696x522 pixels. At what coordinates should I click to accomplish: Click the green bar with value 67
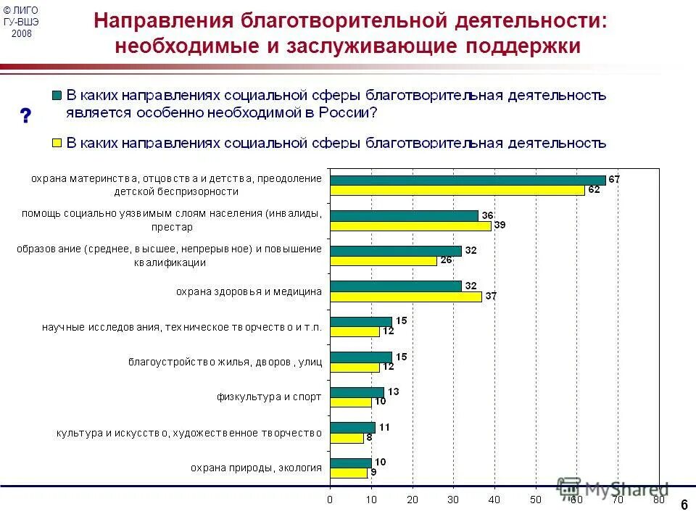[x=468, y=180]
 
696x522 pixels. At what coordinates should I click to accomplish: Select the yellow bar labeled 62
[x=457, y=190]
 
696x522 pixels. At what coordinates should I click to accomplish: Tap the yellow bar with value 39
[x=410, y=225]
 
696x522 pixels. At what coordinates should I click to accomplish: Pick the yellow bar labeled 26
[x=384, y=261]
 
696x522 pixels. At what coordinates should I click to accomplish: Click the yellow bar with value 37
[x=406, y=297]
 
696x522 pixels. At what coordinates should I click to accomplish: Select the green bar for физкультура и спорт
[x=357, y=392]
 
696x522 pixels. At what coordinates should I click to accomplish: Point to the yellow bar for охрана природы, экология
[x=349, y=473]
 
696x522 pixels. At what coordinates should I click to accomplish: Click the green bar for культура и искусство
[x=352, y=428]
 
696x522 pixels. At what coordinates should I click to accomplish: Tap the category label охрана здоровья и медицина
[x=249, y=291]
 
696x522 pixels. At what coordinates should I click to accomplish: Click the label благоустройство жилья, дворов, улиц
[x=225, y=362]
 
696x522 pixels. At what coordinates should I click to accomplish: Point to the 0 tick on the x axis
[x=330, y=500]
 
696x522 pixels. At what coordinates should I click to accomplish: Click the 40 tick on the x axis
[x=494, y=500]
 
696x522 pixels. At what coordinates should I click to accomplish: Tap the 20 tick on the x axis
[x=412, y=500]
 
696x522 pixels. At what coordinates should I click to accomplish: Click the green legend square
[x=56, y=95]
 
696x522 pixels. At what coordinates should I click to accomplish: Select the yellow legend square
[x=56, y=143]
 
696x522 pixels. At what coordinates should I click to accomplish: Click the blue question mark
[x=26, y=115]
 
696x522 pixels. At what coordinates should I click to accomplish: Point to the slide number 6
[x=684, y=505]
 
